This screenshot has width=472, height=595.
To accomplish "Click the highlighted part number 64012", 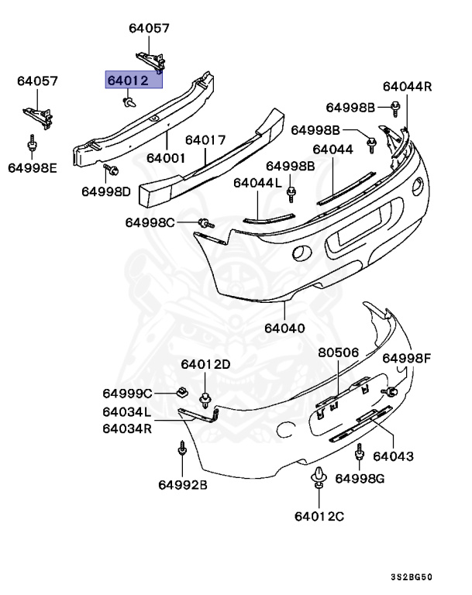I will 133,80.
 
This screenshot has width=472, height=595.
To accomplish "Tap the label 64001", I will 167,156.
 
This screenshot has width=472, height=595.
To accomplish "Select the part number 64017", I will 205,140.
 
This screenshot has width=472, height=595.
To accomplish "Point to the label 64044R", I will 406,87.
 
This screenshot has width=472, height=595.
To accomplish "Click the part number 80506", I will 339,353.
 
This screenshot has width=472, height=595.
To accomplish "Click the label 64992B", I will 183,486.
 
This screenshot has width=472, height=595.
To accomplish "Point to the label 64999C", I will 128,393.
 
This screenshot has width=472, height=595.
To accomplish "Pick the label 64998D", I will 107,191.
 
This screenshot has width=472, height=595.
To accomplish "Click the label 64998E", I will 33,167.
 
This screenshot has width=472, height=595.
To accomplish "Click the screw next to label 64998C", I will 205,223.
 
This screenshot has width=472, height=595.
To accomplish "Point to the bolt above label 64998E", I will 33,143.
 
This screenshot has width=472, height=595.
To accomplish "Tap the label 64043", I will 393,456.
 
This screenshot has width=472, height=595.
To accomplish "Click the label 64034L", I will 126,412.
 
